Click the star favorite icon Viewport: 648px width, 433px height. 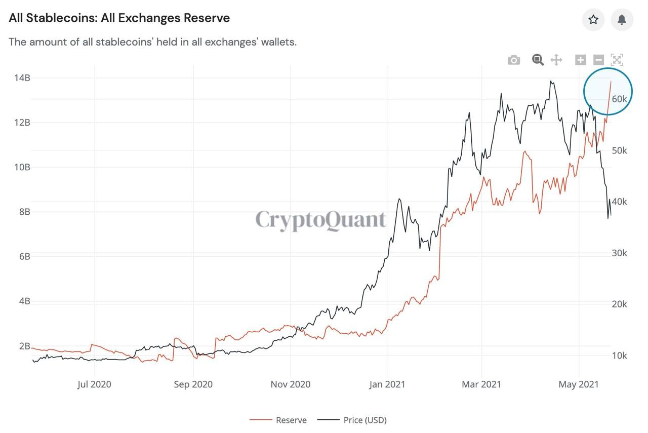(593, 20)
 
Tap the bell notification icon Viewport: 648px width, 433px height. (622, 20)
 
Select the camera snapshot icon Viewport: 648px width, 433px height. (514, 60)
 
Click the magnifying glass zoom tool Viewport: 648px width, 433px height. (538, 60)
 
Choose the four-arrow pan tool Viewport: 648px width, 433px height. (556, 60)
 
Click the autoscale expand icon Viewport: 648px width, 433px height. (617, 60)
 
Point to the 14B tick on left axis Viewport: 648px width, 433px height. (22, 78)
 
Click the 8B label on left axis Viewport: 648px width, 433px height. (25, 212)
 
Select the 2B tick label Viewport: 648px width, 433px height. (25, 346)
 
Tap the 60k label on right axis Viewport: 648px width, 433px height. (619, 99)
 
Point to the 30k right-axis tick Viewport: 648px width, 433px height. (619, 253)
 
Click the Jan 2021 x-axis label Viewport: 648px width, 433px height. (387, 384)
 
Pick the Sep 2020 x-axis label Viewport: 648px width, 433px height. (193, 384)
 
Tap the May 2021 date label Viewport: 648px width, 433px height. (579, 384)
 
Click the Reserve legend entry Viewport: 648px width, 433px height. (278, 420)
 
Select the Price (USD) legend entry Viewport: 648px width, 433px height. (352, 420)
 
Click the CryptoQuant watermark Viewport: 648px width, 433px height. (320, 220)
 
